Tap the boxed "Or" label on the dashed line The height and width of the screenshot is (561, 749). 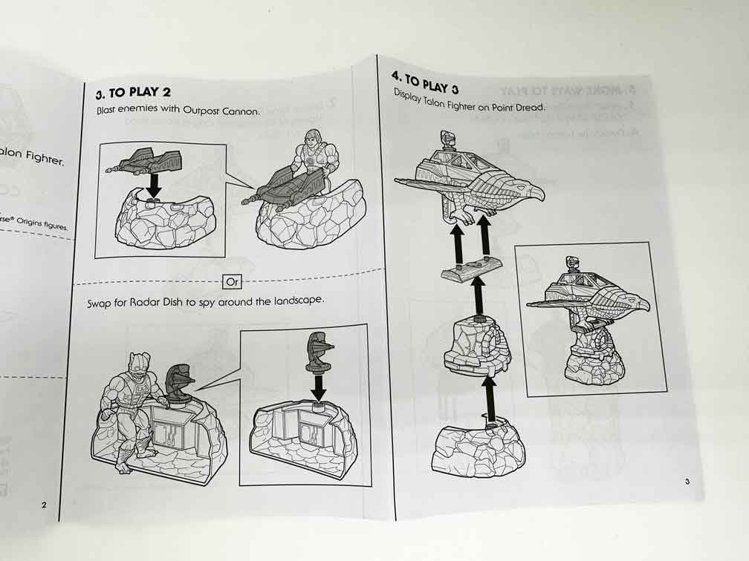coord(232,282)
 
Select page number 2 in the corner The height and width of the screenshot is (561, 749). coord(44,505)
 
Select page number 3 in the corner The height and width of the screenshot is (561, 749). coord(687,482)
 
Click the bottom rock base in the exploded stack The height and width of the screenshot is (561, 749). coord(478,449)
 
